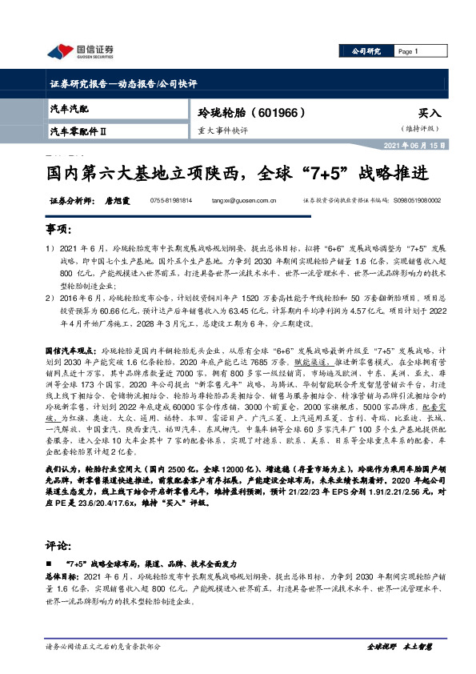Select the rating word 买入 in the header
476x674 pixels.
[429, 114]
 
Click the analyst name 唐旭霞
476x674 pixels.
[117, 202]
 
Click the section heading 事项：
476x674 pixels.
[57, 229]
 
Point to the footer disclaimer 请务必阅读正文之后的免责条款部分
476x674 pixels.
[104, 646]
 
